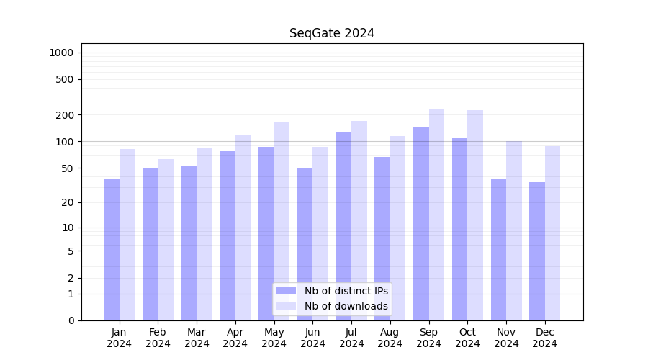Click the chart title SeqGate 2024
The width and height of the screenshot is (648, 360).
click(x=332, y=33)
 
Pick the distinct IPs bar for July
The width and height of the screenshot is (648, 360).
click(x=343, y=226)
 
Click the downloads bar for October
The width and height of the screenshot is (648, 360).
click(x=475, y=215)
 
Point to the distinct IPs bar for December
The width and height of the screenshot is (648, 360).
click(x=537, y=251)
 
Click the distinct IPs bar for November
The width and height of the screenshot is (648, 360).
click(x=498, y=250)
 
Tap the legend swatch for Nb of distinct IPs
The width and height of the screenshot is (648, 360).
click(x=287, y=291)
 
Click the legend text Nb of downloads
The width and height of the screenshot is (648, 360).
click(x=346, y=306)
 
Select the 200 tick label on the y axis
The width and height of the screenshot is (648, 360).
click(x=65, y=115)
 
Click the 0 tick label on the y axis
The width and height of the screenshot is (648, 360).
click(x=71, y=320)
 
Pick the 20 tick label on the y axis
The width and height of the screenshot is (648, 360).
click(x=68, y=202)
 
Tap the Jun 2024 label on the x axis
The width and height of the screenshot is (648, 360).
click(x=312, y=338)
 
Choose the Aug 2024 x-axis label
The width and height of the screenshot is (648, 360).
click(x=390, y=338)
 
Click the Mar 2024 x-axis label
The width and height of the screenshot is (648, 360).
click(x=197, y=338)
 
